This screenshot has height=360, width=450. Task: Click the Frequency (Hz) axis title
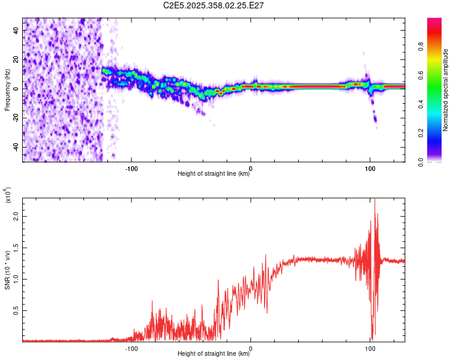pyautogui.click(x=8, y=89)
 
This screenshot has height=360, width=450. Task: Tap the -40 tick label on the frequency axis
pyautogui.click(x=16, y=147)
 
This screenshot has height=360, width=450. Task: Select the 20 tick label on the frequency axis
pyautogui.click(x=16, y=59)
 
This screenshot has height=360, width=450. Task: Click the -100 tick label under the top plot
pyautogui.click(x=131, y=168)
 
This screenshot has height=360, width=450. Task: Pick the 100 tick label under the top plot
pyautogui.click(x=370, y=168)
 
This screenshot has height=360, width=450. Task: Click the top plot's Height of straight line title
pyautogui.click(x=214, y=175)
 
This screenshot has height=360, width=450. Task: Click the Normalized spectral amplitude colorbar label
pyautogui.click(x=446, y=89)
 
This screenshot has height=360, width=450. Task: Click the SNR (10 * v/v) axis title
pyautogui.click(x=8, y=269)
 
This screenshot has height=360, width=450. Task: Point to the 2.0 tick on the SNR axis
pyautogui.click(x=16, y=217)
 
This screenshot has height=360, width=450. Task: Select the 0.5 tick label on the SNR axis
pyautogui.click(x=16, y=310)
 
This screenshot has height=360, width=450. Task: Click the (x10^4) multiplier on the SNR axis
pyautogui.click(x=8, y=196)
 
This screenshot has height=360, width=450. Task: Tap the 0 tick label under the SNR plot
pyautogui.click(x=251, y=348)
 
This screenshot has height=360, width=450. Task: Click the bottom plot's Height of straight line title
pyautogui.click(x=214, y=355)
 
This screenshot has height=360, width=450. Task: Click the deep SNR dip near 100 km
pyautogui.click(x=373, y=337)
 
